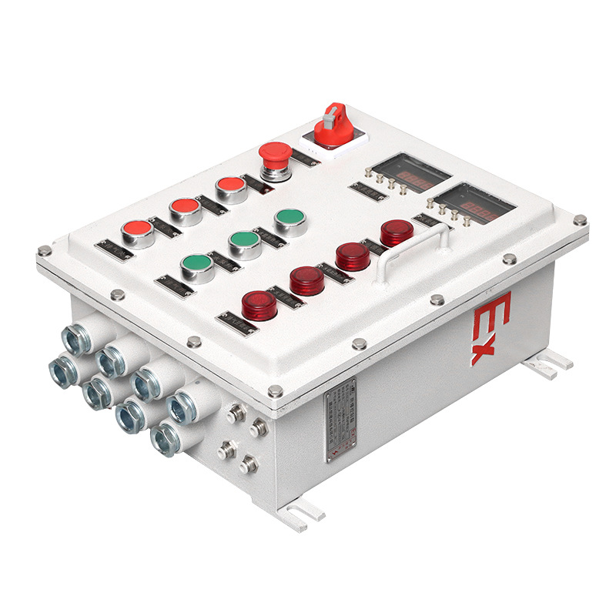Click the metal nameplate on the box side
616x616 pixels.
click(339, 422)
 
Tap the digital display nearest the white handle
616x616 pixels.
click(471, 204)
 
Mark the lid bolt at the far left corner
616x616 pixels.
click(45, 251)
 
